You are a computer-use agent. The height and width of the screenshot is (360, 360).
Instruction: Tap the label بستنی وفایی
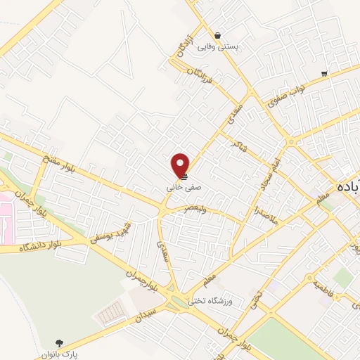coord(218,46)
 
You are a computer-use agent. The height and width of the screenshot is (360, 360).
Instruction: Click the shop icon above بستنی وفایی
coord(218,35)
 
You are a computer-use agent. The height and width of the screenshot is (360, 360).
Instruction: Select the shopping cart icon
coord(323,73)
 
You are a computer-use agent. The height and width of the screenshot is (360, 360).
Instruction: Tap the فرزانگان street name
coord(204,79)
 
